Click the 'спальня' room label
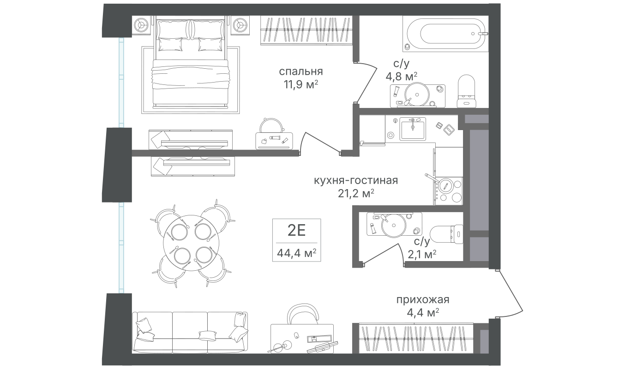[x=300, y=71]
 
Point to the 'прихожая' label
[x=423, y=300]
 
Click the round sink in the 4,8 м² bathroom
[x=417, y=94]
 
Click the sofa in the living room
[x=190, y=331]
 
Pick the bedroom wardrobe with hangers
[x=309, y=30]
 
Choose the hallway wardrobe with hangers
[x=416, y=339]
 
